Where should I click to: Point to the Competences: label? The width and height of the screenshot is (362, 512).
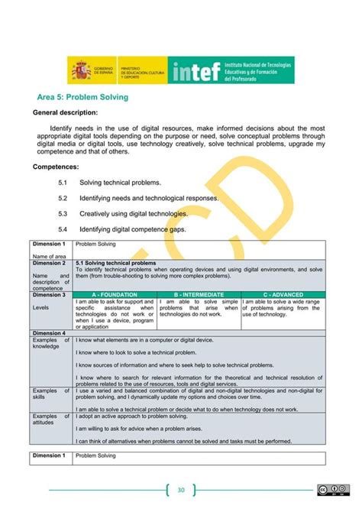(58, 166)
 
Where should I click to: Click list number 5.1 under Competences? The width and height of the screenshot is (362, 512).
(63, 183)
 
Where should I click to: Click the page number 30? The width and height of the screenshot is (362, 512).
(181, 490)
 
